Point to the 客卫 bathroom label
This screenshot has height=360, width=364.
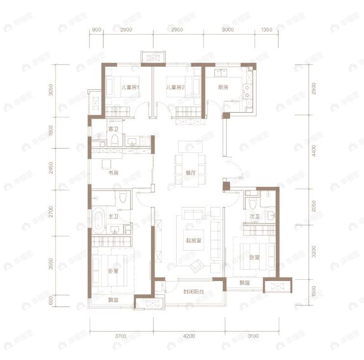pyautogui.click(x=113, y=129)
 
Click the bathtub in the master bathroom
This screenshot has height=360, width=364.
pyautogui.click(x=98, y=221)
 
